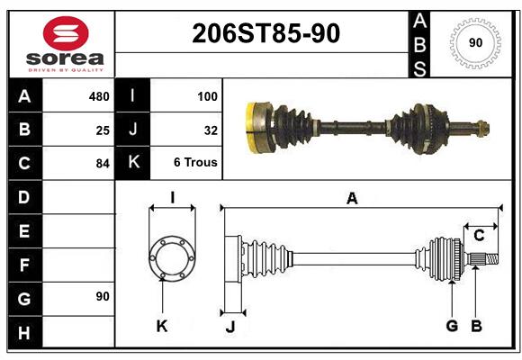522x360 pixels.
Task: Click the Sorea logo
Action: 66,45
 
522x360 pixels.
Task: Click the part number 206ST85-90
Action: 266,35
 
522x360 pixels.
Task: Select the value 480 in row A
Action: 98,96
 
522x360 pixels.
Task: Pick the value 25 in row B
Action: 103,130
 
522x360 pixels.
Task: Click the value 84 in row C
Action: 103,164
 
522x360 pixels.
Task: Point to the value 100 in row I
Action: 206,96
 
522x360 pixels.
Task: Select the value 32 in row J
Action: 211,130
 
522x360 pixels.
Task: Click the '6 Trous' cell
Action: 195,163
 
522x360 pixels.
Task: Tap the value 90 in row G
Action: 103,296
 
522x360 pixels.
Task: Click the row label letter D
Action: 24,197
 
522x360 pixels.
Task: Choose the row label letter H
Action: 24,332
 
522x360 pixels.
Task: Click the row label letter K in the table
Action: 133,163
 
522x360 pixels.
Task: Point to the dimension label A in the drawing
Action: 352,199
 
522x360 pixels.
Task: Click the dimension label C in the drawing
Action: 479,236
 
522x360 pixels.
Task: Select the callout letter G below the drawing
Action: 452,326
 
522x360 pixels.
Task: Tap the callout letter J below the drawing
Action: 230,327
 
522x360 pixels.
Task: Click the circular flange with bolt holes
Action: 172,256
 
